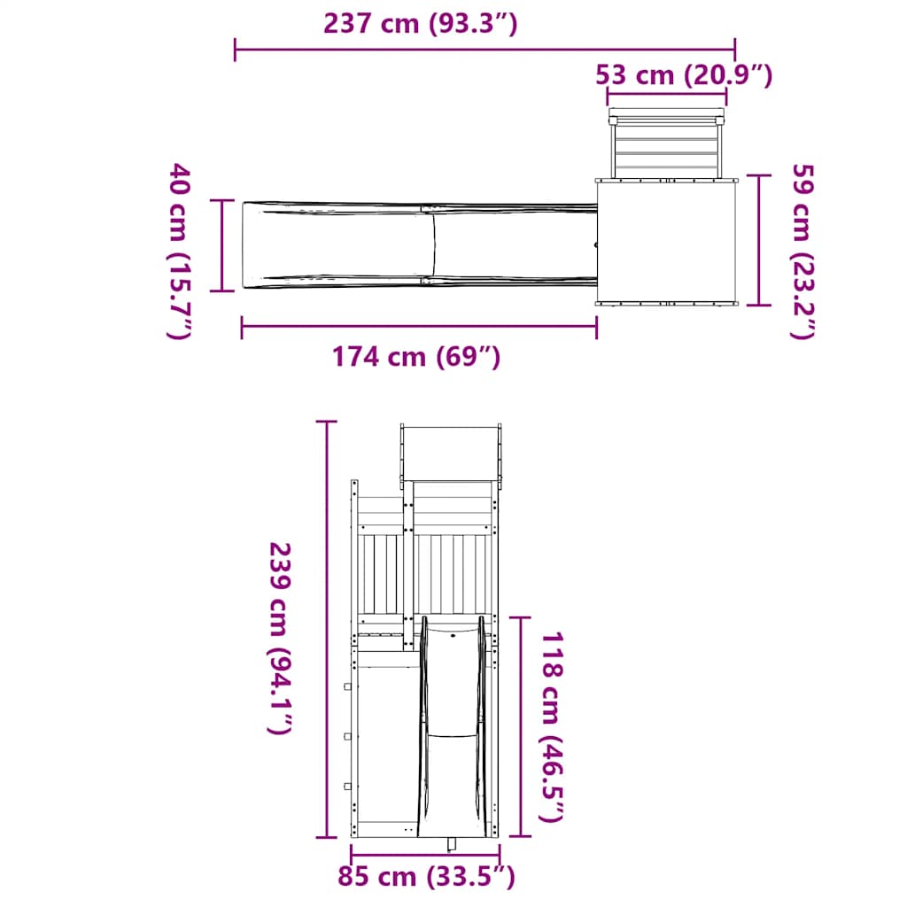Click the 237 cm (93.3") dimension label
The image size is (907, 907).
420,24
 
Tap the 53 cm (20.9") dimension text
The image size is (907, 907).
684,75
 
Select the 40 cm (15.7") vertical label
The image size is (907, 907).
179,251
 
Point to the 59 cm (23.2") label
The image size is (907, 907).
802,251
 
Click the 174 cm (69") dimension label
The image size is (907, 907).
416,357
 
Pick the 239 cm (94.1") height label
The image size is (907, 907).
281,638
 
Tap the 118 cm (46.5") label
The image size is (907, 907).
551,726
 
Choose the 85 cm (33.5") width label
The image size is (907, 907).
426,876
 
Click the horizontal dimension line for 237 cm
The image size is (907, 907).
485,50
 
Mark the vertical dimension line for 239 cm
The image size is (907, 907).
327,629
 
